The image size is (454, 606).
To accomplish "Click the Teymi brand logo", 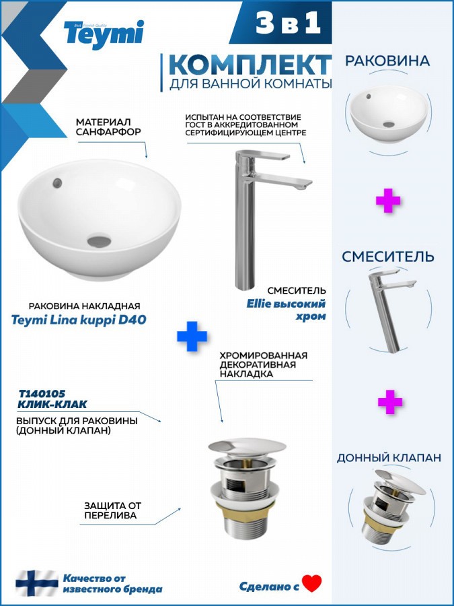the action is coord(104,34).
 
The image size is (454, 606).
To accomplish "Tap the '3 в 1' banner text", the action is coord(288,23).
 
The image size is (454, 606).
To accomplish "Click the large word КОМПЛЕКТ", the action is coord(250,65).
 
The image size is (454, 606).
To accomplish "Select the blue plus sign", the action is coord(192,336).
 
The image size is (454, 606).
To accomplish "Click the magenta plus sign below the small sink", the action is coord(388,200).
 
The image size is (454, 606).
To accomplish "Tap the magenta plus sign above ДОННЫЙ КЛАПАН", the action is coord(390,402).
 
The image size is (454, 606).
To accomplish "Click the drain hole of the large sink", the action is coord(100,241).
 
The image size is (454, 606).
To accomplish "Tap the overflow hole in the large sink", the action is coord(57,182).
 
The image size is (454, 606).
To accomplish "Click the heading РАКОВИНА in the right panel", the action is coord(387,61).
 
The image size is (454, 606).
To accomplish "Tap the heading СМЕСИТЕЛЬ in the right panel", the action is coord(388,257).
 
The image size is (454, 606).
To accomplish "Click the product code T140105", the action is coord(42,394).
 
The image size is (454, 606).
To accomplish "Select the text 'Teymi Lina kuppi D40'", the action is coord(79,320).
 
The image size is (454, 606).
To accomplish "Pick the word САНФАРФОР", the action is coord(108,132).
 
